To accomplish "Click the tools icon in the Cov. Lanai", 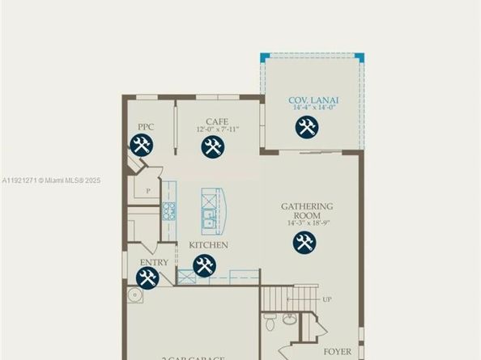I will pyautogui.click(x=306, y=127).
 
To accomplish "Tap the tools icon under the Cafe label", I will pyautogui.click(x=212, y=146).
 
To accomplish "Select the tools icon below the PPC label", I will pyautogui.click(x=142, y=146).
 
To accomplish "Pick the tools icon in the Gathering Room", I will pyautogui.click(x=304, y=243).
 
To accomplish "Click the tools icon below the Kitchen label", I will pyautogui.click(x=203, y=265).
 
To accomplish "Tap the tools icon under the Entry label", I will pyautogui.click(x=147, y=278).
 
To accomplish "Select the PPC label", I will pyautogui.click(x=146, y=127).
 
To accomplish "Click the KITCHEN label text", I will pyautogui.click(x=208, y=244).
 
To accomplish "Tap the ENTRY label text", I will pyautogui.click(x=154, y=263).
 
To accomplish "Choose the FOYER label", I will pyautogui.click(x=338, y=352).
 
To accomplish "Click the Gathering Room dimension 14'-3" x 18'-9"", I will pyautogui.click(x=307, y=223).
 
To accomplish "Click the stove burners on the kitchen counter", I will pyautogui.click(x=169, y=212).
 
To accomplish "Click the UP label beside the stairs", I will pyautogui.click(x=327, y=299).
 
